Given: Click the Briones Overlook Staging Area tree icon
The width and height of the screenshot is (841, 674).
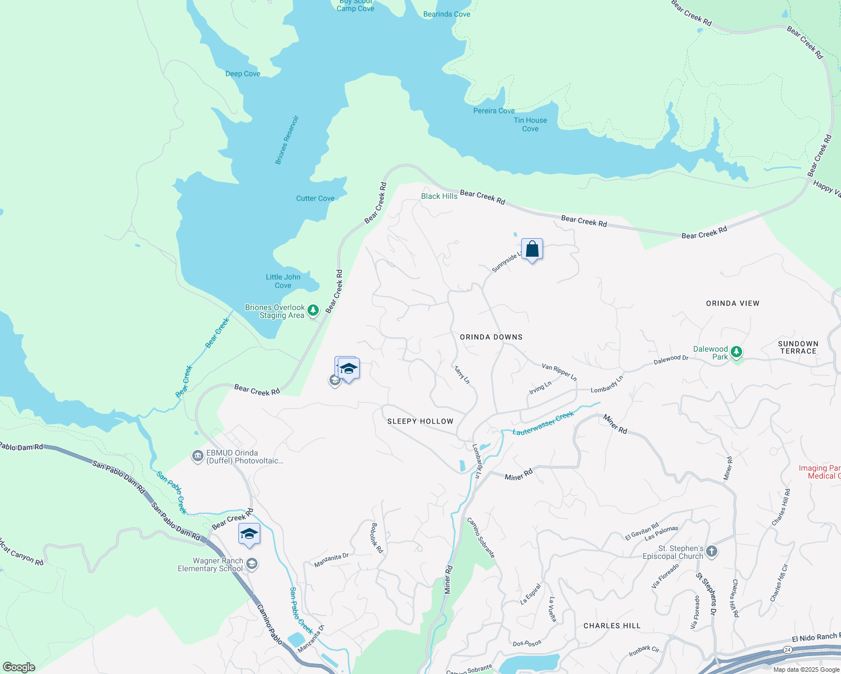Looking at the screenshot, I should point(313,310).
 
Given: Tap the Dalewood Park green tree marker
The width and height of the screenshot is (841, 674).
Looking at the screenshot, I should point(736,352).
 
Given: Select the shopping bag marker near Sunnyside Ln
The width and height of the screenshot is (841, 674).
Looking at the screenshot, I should point(532,249).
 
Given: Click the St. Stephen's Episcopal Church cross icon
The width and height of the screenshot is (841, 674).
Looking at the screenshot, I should point(711,552).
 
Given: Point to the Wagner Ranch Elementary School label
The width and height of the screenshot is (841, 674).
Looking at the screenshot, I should point(210,564).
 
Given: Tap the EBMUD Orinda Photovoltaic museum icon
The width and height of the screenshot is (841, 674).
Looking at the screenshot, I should point(197,456).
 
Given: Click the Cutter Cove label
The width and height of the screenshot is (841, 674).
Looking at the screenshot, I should point(315,198).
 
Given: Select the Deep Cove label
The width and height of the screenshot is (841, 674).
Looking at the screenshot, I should point(242,74).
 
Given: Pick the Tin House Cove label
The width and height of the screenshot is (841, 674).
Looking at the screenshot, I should point(530,124).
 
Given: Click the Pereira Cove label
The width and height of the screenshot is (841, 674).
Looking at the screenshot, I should point(494,111).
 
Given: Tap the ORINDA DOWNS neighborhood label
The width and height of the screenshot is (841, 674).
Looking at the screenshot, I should point(491,337).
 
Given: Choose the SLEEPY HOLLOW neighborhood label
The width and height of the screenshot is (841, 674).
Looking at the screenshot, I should point(420,421).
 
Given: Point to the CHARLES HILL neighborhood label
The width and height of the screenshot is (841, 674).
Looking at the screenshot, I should point(612,626).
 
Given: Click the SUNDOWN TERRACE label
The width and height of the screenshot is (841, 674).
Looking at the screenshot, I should point(798,347).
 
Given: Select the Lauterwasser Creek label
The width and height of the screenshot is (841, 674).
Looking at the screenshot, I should point(543,423).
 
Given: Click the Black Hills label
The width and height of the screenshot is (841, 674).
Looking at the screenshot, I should point(439,196).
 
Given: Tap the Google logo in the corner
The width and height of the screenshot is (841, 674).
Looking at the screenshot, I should point(19,667).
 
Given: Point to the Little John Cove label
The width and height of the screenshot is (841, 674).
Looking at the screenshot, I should point(283,281).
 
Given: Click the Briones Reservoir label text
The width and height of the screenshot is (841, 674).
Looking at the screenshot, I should point(287,140).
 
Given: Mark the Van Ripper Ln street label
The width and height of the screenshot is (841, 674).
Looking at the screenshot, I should point(559,372).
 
